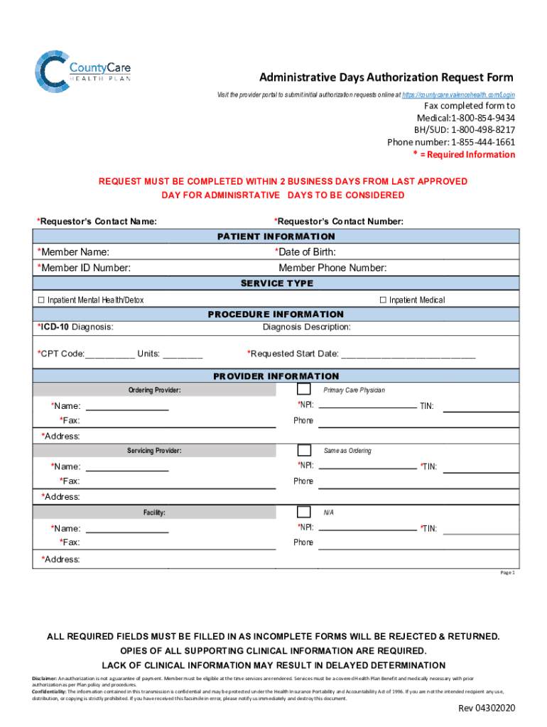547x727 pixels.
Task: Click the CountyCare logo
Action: point(82,71)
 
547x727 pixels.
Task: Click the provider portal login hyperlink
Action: point(458,95)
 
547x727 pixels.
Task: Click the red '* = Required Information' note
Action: point(464,154)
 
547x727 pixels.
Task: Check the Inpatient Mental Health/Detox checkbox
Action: point(40,300)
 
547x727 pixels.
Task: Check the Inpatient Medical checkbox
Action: point(383,300)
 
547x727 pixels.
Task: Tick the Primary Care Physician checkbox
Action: point(303,389)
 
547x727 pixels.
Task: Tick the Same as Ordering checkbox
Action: point(303,450)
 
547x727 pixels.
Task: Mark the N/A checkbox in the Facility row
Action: point(303,512)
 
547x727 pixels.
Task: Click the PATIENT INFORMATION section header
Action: point(276,236)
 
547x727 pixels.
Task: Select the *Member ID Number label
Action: point(84,268)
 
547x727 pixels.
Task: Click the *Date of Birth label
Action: point(305,252)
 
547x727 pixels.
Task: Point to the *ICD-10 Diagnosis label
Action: point(75,327)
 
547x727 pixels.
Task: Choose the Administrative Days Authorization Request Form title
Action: point(386,77)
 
